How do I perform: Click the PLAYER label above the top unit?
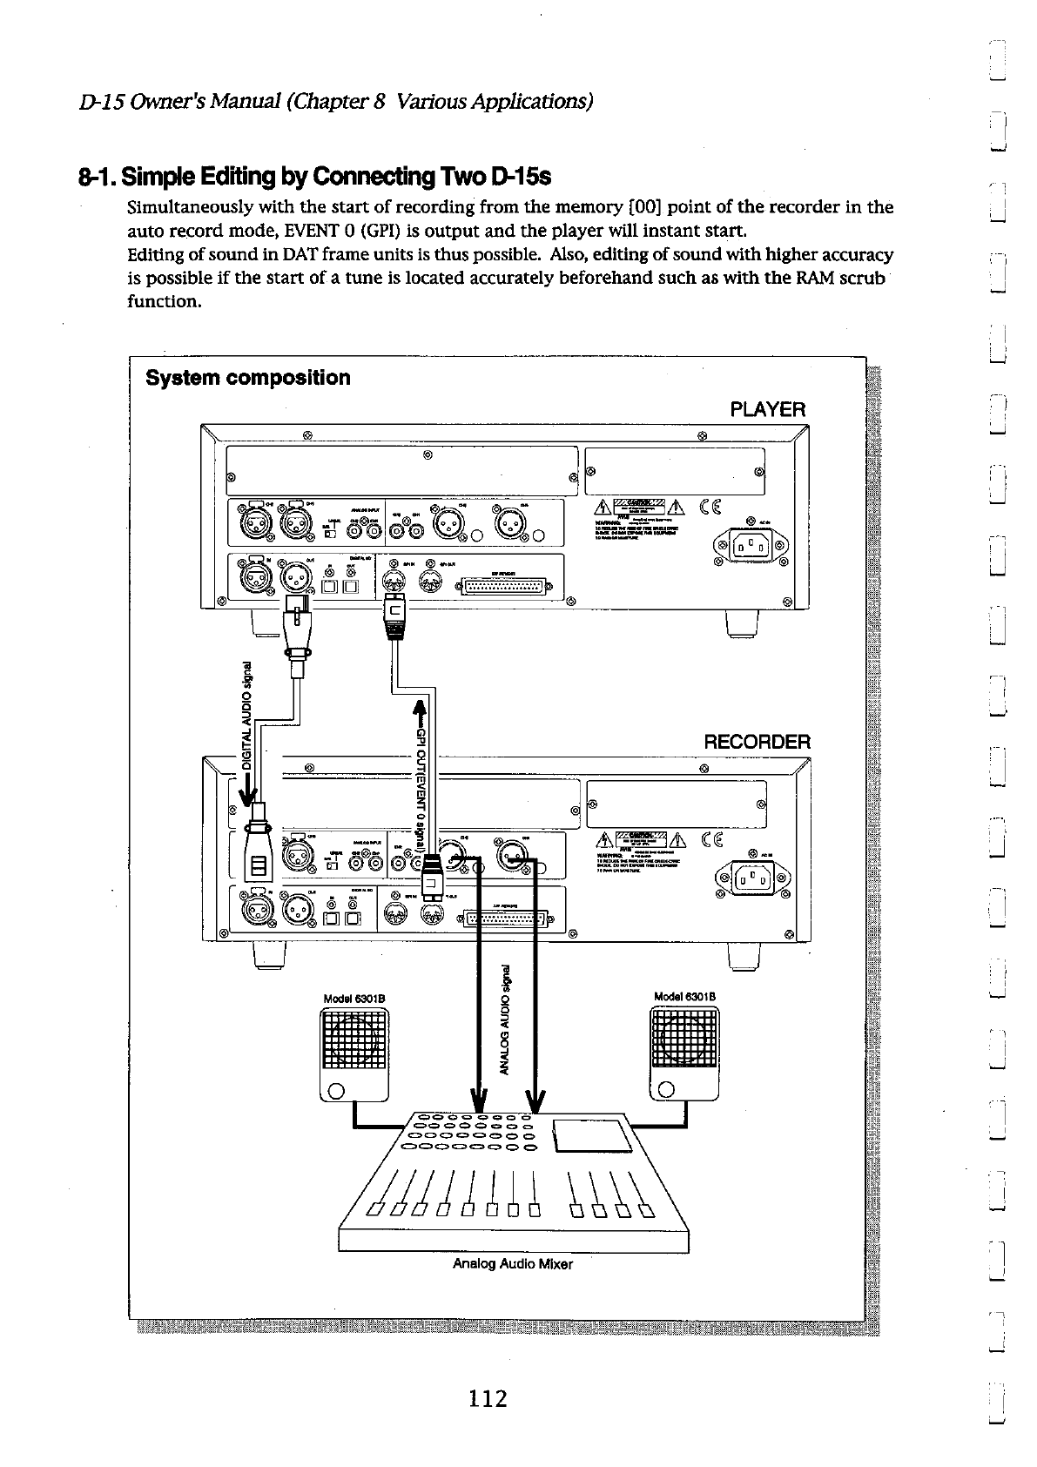[x=768, y=409]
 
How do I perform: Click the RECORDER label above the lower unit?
[x=756, y=742]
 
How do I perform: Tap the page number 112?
[x=488, y=1398]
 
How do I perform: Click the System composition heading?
[x=248, y=378]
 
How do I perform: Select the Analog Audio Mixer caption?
[x=513, y=1263]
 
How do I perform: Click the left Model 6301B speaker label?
[x=354, y=998]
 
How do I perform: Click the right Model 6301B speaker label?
[x=684, y=998]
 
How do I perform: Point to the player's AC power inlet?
[x=750, y=548]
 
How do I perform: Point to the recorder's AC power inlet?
[x=750, y=878]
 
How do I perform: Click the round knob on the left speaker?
[x=337, y=1090]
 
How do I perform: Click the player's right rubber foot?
[x=742, y=624]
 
